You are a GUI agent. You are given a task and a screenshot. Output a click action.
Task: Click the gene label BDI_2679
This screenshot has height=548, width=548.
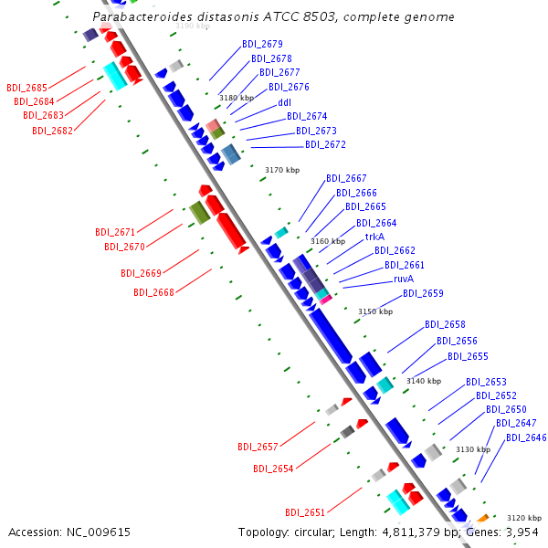tap(262, 44)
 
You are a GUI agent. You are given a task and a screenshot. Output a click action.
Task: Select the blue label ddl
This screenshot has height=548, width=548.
tap(284, 102)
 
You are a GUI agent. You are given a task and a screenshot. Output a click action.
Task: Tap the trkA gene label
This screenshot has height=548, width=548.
tap(374, 237)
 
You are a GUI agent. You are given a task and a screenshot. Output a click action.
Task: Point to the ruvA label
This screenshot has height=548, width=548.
tap(404, 279)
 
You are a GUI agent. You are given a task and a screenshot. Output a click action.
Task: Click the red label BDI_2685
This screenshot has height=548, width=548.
tap(26, 88)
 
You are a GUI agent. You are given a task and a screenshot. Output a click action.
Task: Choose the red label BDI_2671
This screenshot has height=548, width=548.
tap(115, 232)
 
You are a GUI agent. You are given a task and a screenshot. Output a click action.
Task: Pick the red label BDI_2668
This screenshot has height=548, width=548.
tap(153, 292)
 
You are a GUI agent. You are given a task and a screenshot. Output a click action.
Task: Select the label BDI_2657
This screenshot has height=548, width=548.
tap(258, 447)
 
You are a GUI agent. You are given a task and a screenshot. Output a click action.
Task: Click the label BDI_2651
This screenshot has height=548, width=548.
tap(305, 512)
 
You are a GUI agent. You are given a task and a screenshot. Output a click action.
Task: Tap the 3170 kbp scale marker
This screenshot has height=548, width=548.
tap(282, 170)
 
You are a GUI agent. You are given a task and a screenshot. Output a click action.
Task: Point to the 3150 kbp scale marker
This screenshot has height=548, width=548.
tap(374, 311)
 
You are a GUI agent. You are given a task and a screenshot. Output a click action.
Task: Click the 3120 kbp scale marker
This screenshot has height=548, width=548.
tap(524, 517)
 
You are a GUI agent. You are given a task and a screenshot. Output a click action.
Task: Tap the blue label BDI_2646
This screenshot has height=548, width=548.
tap(526, 437)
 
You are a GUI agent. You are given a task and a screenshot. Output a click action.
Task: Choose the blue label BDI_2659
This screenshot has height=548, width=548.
tap(423, 293)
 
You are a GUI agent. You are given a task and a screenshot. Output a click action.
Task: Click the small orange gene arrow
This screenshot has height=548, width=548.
tap(482, 519)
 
